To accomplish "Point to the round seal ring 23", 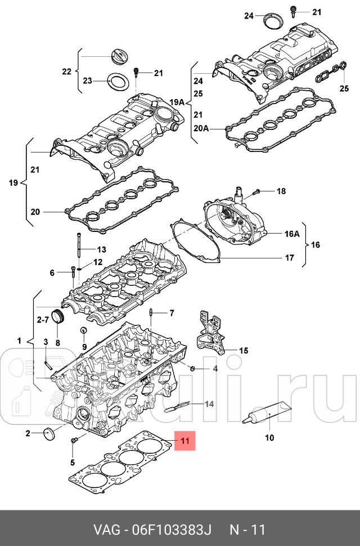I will tap(118, 82).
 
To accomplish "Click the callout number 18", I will tap(281, 191).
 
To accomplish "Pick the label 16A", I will tap(292, 234).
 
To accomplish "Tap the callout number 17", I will tap(289, 258).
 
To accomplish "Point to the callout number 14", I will tap(209, 404).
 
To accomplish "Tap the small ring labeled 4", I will tap(192, 368).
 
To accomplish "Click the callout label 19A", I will tap(177, 102).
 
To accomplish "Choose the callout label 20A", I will tap(201, 129).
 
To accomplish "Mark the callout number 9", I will tap(84, 347).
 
